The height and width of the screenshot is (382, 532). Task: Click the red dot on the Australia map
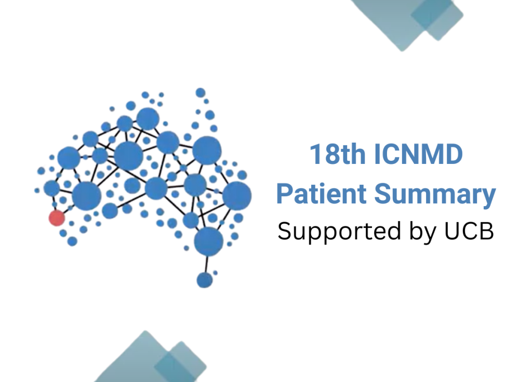pyautogui.click(x=57, y=218)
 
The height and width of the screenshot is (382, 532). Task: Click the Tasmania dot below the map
pyautogui.click(x=205, y=279)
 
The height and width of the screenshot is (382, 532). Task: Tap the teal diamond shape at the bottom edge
pyautogui.click(x=151, y=362)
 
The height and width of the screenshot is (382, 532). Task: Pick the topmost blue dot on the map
pyautogui.click(x=200, y=93)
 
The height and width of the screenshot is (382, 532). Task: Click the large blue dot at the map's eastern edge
pyautogui.click(x=237, y=195)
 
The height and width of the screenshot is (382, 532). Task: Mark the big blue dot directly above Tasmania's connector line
pyautogui.click(x=208, y=240)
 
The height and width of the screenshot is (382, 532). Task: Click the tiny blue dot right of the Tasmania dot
pyautogui.click(x=215, y=272)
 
